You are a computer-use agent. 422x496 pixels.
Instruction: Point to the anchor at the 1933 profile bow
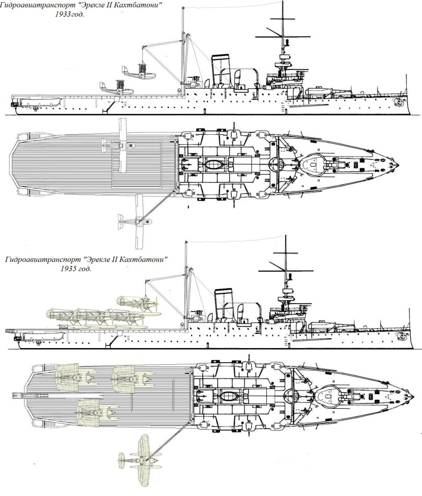(401, 102)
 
